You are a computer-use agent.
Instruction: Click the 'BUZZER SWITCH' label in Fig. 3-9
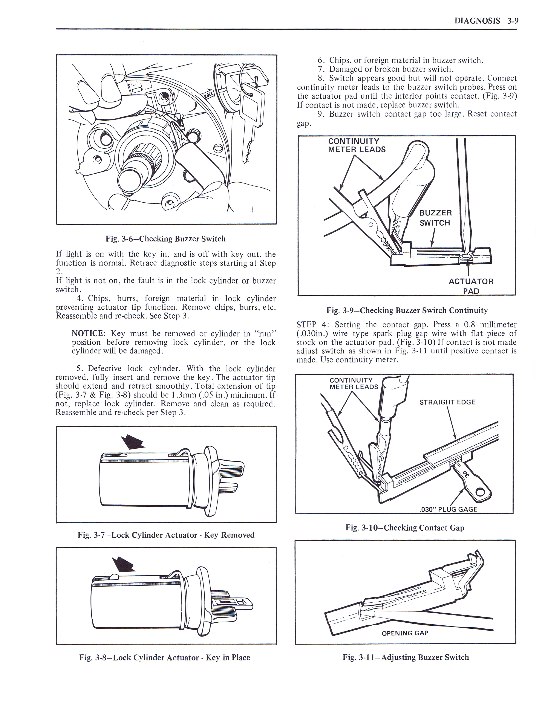[435, 218]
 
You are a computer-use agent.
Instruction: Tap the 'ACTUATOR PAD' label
[471, 286]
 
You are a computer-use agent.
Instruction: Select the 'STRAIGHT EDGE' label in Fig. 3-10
[447, 402]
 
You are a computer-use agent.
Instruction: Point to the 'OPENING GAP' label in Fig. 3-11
[405, 633]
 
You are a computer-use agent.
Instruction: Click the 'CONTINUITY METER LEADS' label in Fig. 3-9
[357, 145]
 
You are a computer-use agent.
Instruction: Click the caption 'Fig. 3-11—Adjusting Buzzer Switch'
[406, 657]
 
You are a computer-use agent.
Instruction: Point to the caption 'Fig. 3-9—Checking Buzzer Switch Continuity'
[407, 310]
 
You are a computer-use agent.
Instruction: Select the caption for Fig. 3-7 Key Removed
[166, 535]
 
